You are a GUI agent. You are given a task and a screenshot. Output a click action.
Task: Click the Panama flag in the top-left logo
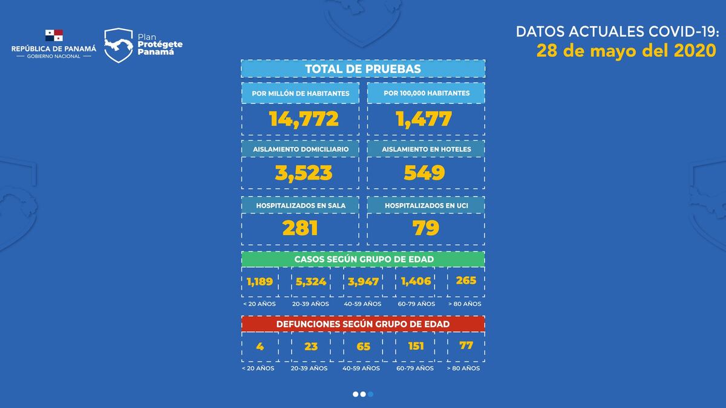(x=54, y=36)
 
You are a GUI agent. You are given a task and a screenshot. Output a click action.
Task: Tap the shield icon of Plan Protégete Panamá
(x=119, y=45)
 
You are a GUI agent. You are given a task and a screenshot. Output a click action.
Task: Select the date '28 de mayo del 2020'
(x=626, y=51)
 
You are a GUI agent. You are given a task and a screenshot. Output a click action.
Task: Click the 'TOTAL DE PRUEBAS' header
(x=363, y=69)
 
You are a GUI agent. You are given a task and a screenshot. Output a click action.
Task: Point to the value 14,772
(x=304, y=118)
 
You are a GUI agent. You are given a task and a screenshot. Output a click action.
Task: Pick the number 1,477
(x=424, y=118)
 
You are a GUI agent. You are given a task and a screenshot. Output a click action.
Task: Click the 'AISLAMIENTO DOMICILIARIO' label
(x=300, y=149)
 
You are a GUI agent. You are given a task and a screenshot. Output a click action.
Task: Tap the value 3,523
(x=304, y=173)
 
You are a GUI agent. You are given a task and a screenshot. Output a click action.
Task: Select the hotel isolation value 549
(x=424, y=173)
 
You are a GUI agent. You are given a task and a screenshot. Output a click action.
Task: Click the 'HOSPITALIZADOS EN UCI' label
(x=426, y=206)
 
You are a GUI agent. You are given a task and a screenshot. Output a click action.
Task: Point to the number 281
(x=300, y=228)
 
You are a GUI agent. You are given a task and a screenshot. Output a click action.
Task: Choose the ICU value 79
(x=425, y=228)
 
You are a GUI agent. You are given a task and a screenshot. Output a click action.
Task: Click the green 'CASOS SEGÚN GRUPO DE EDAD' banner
(x=363, y=259)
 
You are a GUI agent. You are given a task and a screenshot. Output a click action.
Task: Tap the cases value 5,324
(x=312, y=282)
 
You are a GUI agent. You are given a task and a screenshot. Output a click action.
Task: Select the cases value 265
(x=466, y=280)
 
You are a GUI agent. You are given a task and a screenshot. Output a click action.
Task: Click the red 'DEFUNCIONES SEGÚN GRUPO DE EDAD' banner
(x=363, y=324)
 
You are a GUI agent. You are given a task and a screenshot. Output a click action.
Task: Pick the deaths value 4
(x=260, y=346)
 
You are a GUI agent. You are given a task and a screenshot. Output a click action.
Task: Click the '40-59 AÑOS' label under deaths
(x=361, y=368)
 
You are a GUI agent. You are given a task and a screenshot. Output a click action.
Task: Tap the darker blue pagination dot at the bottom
(x=370, y=394)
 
